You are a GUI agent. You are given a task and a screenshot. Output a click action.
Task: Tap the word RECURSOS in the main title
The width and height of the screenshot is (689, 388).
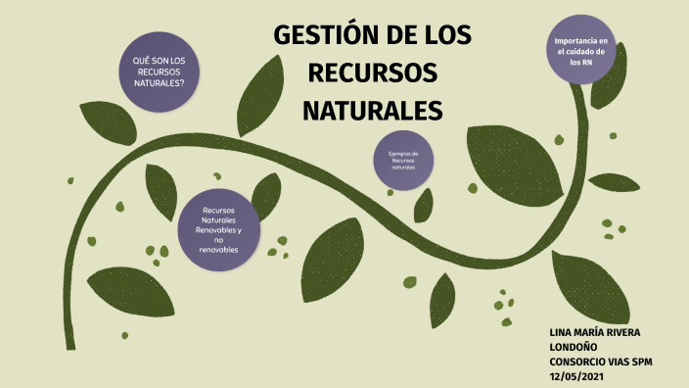click(373, 73)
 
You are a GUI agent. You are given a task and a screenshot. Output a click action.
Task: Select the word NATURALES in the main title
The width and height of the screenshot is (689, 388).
click(373, 109)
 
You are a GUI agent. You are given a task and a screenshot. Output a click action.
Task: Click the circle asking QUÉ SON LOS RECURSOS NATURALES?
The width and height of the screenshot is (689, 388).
click(160, 73)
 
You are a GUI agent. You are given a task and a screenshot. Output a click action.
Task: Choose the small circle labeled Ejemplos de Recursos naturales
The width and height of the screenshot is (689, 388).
click(403, 160)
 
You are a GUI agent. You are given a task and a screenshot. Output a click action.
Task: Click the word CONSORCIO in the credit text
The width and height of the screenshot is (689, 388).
click(580, 362)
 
